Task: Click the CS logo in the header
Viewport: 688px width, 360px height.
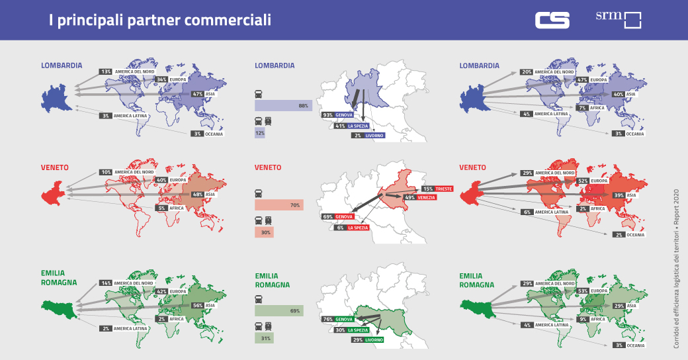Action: [x=552, y=20]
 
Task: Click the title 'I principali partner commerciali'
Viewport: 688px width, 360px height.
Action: [x=160, y=21]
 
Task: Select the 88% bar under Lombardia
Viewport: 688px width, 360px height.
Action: [x=283, y=105]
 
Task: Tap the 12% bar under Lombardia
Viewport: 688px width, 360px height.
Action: [x=260, y=133]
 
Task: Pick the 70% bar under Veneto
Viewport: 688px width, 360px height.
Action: [x=279, y=205]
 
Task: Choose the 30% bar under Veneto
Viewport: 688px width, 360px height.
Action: [x=265, y=232]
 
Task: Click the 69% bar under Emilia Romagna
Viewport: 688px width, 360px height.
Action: [x=279, y=310]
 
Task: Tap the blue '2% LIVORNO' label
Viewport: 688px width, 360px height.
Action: [x=367, y=135]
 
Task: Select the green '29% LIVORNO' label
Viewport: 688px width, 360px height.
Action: [x=366, y=339]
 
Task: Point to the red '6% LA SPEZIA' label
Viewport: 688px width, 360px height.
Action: [x=352, y=227]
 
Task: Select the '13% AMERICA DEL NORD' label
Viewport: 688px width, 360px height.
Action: [x=126, y=71]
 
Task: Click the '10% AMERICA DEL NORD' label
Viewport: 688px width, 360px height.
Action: [x=126, y=172]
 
